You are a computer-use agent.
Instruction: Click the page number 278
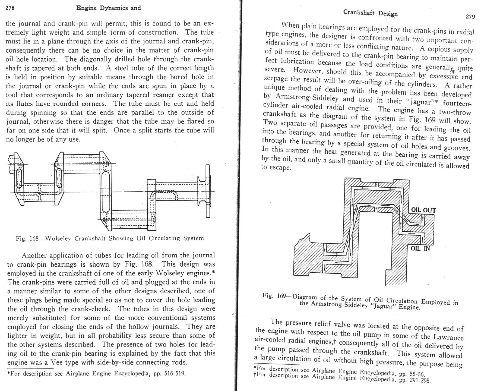10,8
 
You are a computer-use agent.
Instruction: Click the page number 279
470,17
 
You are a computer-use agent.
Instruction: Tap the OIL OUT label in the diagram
423,210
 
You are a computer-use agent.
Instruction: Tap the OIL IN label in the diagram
420,248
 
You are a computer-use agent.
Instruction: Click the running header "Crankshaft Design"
370,13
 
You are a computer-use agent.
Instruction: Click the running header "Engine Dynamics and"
109,8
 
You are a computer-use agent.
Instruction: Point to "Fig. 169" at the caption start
274,295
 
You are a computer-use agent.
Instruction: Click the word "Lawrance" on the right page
448,337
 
